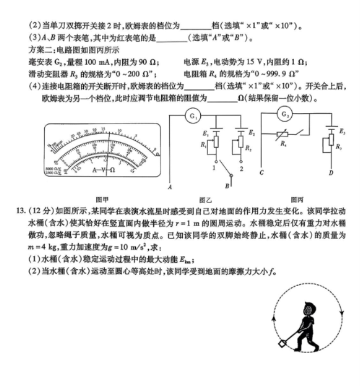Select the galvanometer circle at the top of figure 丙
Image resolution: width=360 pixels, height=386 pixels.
point(285,113)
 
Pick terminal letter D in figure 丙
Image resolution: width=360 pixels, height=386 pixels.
point(331,173)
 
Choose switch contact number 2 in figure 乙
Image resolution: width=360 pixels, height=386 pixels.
point(241,169)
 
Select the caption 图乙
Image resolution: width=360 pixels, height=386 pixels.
point(205,199)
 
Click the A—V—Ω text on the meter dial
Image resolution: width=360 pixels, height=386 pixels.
point(102,170)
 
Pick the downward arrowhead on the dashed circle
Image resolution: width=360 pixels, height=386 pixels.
point(342,312)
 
